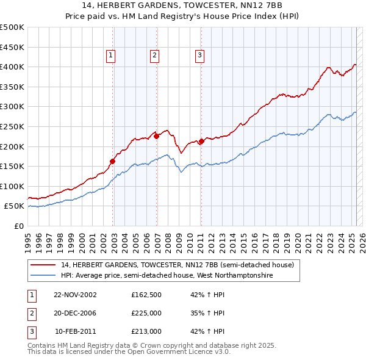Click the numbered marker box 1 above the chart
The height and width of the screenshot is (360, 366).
click(x=111, y=56)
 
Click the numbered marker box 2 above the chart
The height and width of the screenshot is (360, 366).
click(x=155, y=56)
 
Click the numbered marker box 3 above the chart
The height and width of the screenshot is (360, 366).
click(x=199, y=56)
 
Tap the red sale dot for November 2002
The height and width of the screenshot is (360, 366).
click(x=113, y=162)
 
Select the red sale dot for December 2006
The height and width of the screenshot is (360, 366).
click(x=157, y=137)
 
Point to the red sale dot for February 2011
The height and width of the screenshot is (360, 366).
click(x=201, y=142)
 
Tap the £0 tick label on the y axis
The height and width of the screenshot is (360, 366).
click(x=18, y=226)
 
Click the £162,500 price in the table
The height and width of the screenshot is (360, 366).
click(x=146, y=294)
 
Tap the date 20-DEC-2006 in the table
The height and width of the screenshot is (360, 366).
click(x=75, y=313)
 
